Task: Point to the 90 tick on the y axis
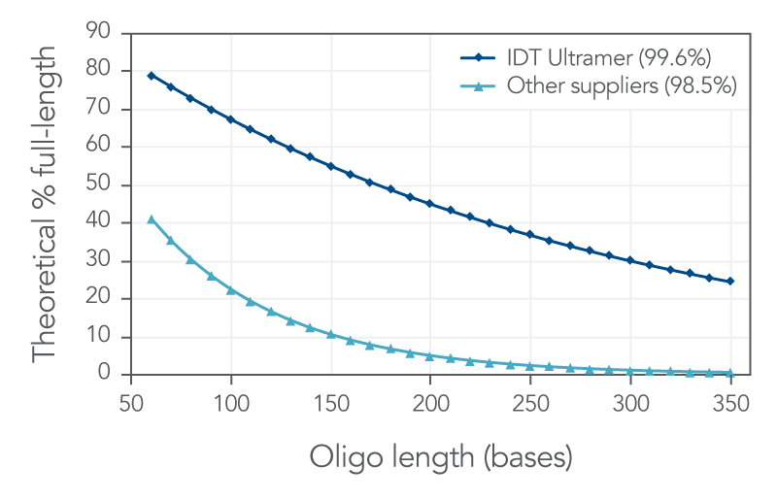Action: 110,34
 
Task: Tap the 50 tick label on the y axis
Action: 110,185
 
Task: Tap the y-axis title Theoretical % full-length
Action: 47,203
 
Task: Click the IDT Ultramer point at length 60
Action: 151,76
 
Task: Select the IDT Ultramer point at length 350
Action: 730,282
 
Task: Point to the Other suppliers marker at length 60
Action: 151,219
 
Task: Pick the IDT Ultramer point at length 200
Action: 430,204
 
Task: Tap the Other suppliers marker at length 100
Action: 231,290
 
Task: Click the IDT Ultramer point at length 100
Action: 231,119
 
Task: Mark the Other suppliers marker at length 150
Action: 330,334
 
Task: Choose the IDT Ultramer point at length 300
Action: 630,260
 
